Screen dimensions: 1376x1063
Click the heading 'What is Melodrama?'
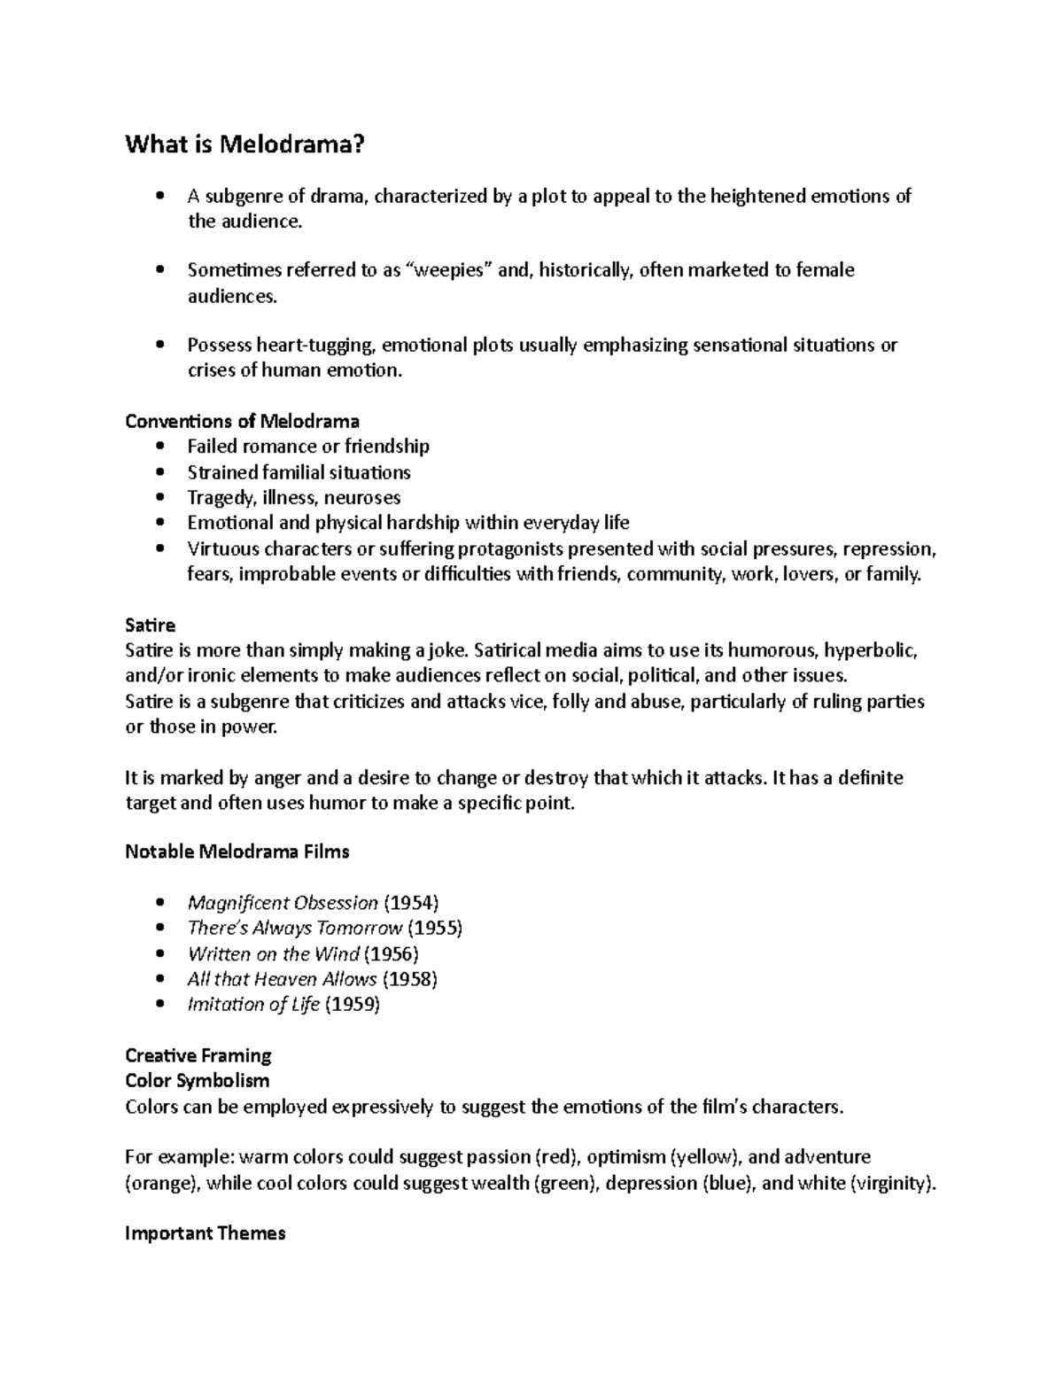tap(244, 144)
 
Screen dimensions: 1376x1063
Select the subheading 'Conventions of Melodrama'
tap(242, 421)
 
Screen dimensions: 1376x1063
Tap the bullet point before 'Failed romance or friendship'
tap(159, 447)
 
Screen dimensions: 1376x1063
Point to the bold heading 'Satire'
tap(151, 626)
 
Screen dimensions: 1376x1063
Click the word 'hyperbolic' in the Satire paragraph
tap(871, 651)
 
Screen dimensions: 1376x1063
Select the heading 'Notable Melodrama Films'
tap(237, 852)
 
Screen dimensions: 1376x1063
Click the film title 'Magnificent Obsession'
tap(283, 903)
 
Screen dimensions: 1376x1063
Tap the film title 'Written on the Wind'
tap(274, 954)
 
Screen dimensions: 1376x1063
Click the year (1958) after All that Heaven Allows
tap(410, 979)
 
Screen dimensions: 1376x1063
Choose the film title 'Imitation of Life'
tap(253, 1005)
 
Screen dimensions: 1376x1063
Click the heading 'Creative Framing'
tap(198, 1055)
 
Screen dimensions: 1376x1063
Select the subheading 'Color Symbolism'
tap(198, 1081)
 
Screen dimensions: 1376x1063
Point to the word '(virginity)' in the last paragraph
tap(891, 1183)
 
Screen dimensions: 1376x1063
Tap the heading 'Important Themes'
tap(206, 1233)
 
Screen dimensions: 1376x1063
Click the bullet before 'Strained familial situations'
tap(159, 472)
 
